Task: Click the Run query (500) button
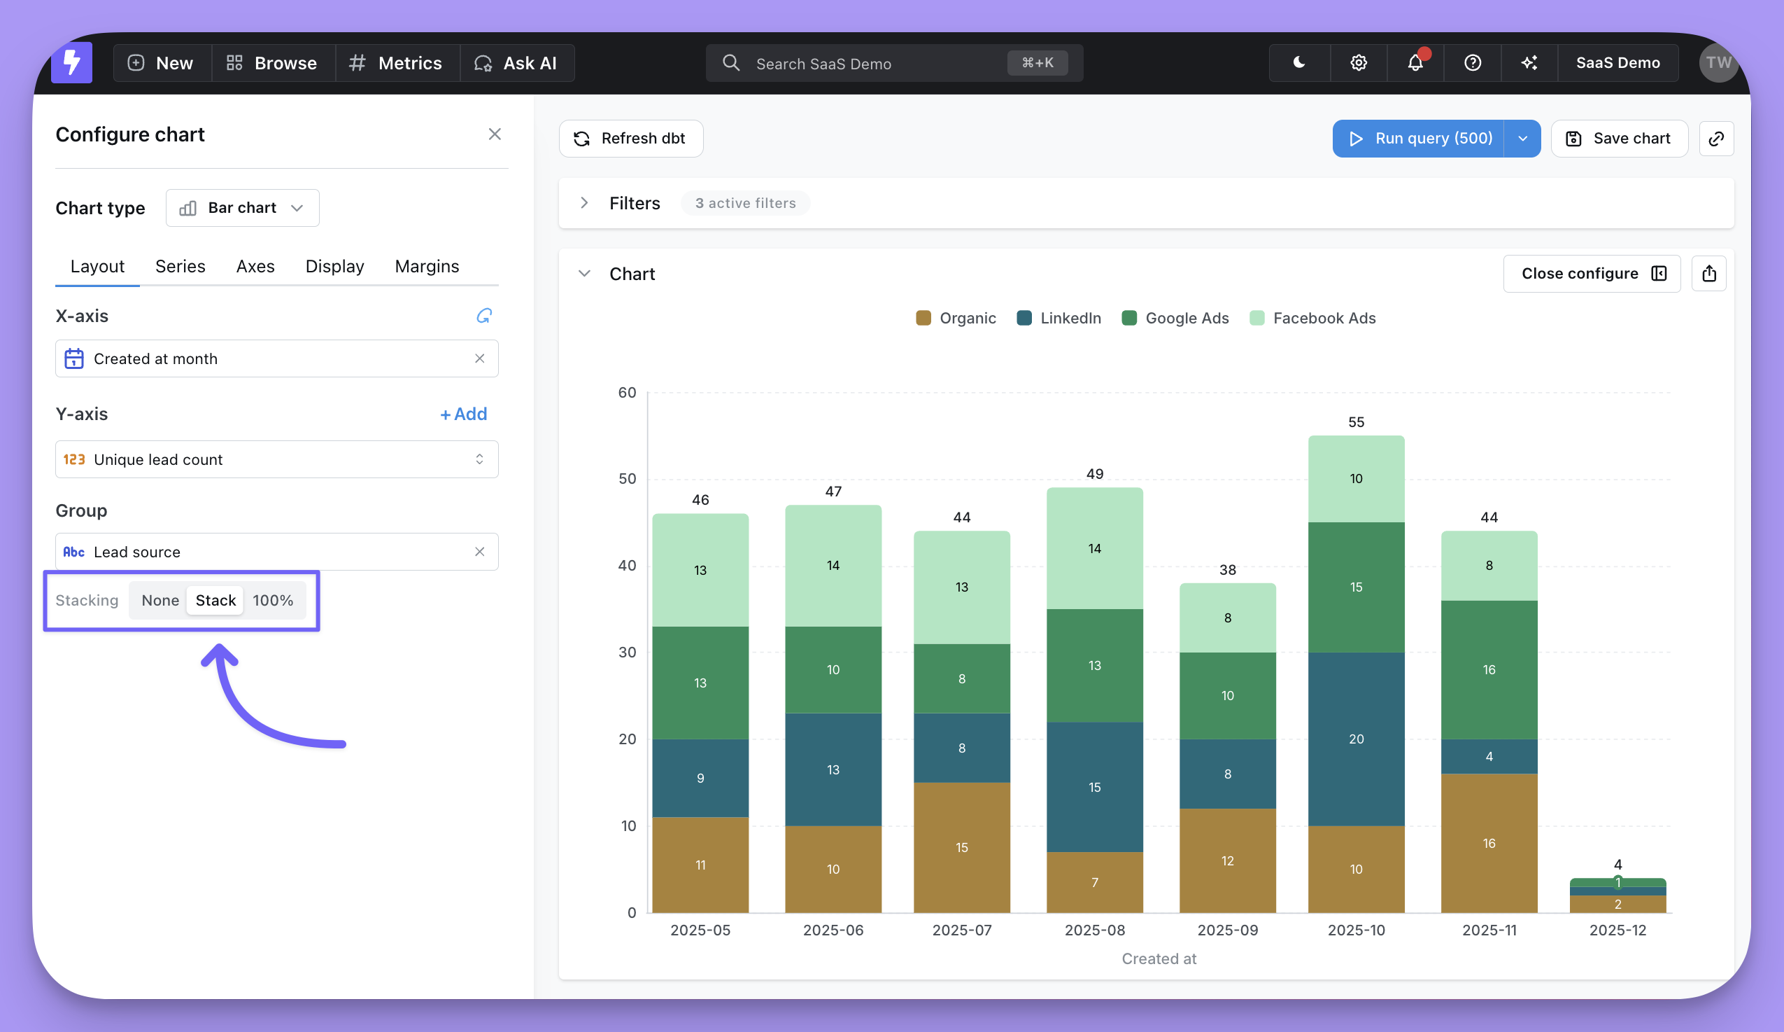(1418, 138)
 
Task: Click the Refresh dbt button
(631, 138)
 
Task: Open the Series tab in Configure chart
(180, 266)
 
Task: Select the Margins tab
(427, 266)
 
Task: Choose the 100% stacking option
(273, 601)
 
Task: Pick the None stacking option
(160, 601)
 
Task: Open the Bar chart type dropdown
(242, 207)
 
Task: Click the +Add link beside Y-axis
(464, 414)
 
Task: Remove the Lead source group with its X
(479, 552)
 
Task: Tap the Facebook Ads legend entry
(1313, 318)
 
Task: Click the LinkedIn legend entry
(1059, 318)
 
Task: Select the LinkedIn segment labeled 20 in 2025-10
(1356, 739)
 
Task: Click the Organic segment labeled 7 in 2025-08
(1094, 883)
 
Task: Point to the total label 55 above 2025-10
(1356, 422)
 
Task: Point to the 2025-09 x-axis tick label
(1228, 930)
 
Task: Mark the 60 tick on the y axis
(628, 392)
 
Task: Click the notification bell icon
(1415, 63)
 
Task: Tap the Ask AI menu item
(516, 63)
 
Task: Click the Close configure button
(1592, 274)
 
